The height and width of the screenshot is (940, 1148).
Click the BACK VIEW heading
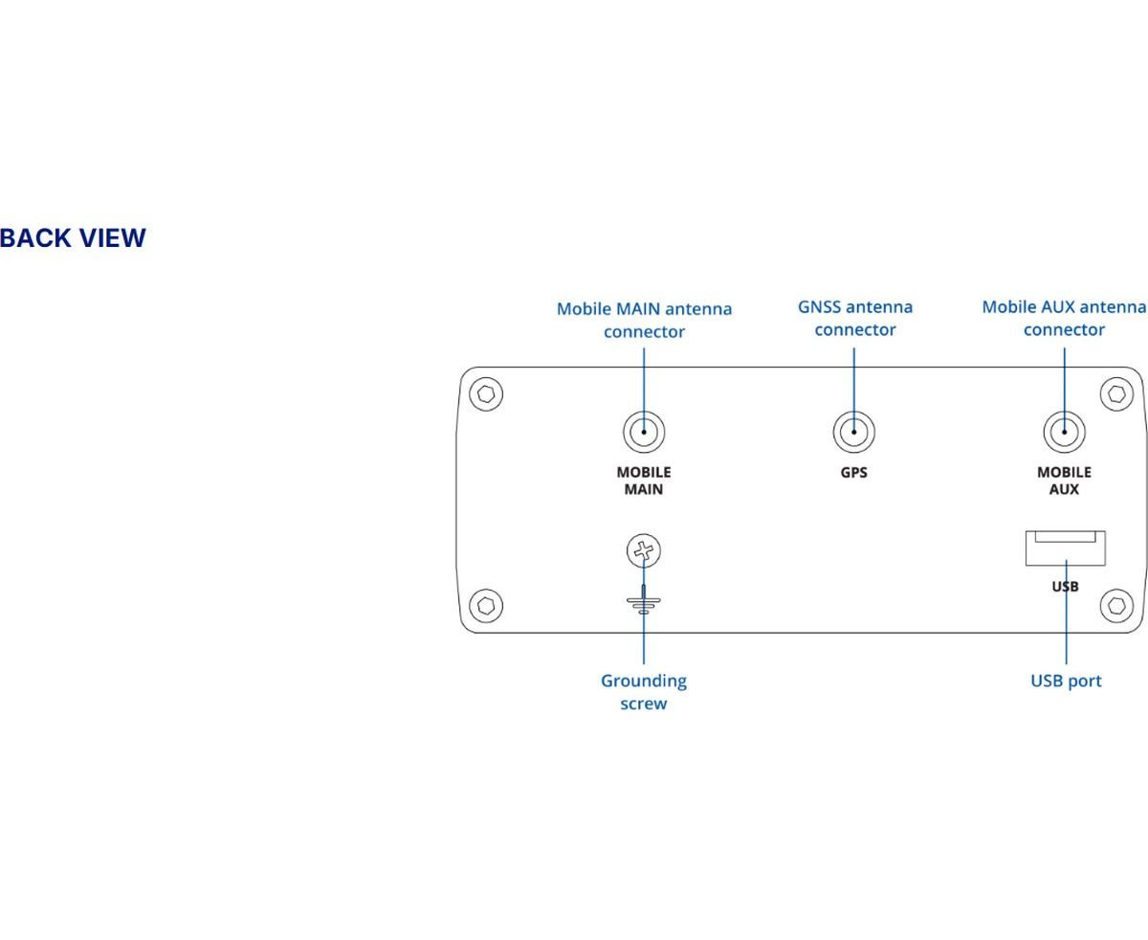[x=73, y=238]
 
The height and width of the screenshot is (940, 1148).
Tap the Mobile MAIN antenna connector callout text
[x=644, y=321]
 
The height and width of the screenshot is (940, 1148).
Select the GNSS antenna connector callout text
[x=854, y=318]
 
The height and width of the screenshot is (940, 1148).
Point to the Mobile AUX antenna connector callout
[x=1064, y=318]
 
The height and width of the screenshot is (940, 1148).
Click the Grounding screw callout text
[x=644, y=692]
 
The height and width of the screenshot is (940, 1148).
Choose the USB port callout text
[x=1066, y=681]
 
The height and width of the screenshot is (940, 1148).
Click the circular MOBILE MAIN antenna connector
[x=644, y=432]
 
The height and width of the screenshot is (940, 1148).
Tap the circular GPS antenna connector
[x=854, y=432]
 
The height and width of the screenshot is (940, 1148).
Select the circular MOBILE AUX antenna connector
[x=1064, y=432]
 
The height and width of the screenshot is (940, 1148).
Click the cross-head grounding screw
[x=644, y=550]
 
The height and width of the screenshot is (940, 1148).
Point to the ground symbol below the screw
[x=644, y=601]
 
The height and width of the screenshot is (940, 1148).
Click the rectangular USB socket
[x=1066, y=548]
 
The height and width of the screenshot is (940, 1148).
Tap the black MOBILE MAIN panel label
[x=644, y=481]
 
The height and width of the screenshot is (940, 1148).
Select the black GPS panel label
[x=853, y=472]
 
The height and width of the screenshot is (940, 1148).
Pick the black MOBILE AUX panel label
[x=1064, y=481]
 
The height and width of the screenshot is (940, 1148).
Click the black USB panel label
[x=1065, y=587]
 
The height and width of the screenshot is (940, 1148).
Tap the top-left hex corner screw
[x=486, y=393]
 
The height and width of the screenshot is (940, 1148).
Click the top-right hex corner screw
[x=1117, y=393]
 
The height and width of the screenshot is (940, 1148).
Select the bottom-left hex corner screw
[x=486, y=606]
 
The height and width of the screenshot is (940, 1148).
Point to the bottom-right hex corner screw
[x=1117, y=606]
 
